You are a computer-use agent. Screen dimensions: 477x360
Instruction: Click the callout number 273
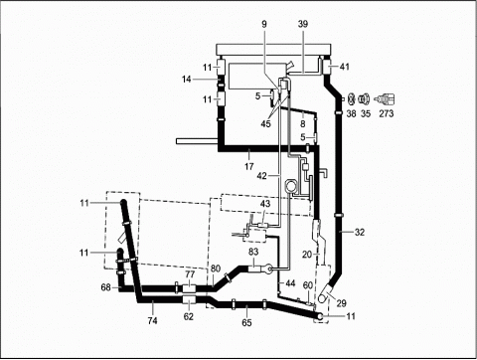[x=387, y=113]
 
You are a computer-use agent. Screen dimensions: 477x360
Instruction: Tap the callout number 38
[x=351, y=113]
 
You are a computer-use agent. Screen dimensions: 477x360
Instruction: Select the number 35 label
[x=366, y=113]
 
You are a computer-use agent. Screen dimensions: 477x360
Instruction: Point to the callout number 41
[x=345, y=67]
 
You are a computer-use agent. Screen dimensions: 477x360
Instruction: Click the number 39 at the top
[x=303, y=24]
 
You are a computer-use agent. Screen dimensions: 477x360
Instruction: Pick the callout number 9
[x=264, y=24]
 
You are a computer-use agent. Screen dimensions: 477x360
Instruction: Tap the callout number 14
[x=187, y=80]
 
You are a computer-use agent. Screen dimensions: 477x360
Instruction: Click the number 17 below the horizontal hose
[x=249, y=166]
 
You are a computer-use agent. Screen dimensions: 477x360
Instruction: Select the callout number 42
[x=261, y=176]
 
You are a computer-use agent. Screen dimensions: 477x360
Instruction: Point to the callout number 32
[x=360, y=233]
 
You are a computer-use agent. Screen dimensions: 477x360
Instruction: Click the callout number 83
[x=253, y=252]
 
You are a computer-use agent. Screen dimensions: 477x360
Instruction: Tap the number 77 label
[x=190, y=274]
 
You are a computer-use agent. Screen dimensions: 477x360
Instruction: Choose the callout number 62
[x=189, y=317]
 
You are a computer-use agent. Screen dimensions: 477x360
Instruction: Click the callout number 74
[x=152, y=320]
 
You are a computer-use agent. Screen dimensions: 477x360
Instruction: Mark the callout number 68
[x=105, y=287]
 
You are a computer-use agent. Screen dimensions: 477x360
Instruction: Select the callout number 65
[x=246, y=322]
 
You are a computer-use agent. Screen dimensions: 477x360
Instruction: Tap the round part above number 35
[x=365, y=98]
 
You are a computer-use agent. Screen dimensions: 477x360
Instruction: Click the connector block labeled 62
[x=189, y=300]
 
